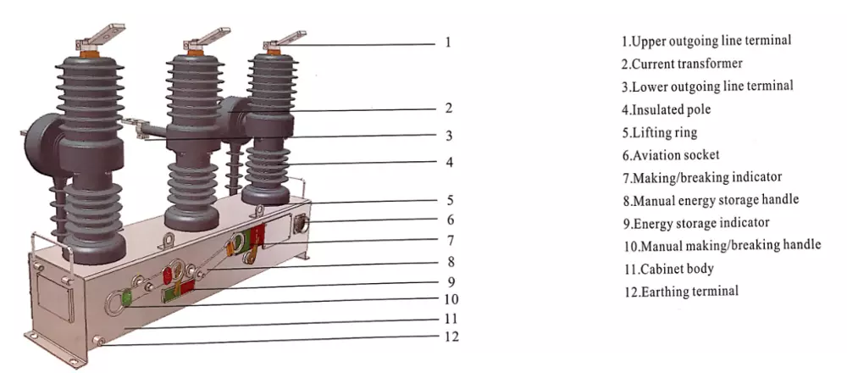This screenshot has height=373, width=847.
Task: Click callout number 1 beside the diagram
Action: (x=448, y=42)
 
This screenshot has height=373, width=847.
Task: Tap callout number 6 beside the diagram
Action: (x=451, y=220)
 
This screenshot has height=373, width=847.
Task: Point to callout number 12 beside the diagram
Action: (x=451, y=337)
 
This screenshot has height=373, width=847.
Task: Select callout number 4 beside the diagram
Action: (x=450, y=162)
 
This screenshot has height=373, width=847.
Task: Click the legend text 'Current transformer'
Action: (x=682, y=64)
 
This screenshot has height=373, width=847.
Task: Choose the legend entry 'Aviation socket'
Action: (x=670, y=155)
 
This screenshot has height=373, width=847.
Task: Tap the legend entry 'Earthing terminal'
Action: (x=681, y=292)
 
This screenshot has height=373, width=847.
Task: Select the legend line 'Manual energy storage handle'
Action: (x=711, y=200)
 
